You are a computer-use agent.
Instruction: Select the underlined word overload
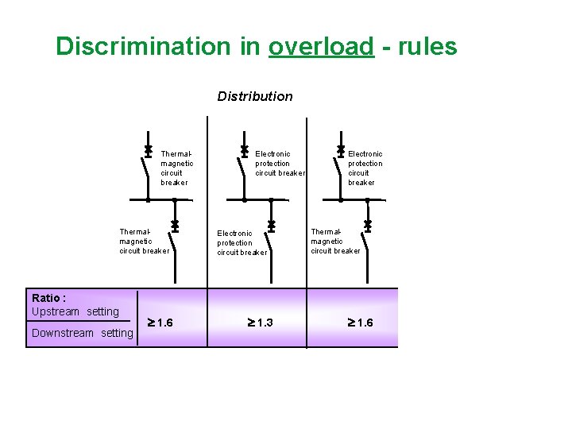(x=320, y=46)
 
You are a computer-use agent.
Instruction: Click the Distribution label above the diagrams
(x=255, y=96)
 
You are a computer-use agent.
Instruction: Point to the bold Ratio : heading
(x=49, y=299)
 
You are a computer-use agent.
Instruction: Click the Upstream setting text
(x=75, y=311)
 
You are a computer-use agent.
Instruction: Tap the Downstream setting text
(x=83, y=333)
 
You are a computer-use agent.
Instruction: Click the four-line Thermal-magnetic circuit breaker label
(x=176, y=168)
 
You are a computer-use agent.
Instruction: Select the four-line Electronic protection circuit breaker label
(x=365, y=168)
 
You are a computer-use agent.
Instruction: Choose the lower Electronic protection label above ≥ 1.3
(x=242, y=243)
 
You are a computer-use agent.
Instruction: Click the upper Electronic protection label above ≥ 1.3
(x=280, y=163)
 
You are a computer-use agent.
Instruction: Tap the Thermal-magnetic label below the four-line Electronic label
(x=335, y=241)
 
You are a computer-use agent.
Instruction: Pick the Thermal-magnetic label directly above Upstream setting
(x=144, y=241)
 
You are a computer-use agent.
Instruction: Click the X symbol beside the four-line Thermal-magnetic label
(x=148, y=149)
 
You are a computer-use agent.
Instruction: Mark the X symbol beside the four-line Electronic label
(x=340, y=149)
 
